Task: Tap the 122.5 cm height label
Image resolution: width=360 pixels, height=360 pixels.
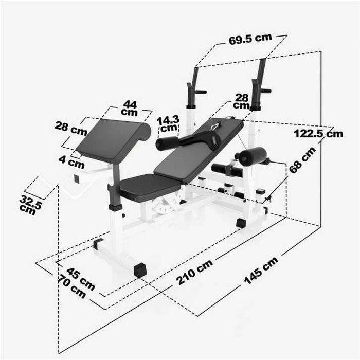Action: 318,134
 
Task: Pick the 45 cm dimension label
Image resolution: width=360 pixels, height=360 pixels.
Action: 81,278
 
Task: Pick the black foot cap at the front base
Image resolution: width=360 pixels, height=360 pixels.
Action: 139,270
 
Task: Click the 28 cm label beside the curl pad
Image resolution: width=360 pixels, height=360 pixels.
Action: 71,128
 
